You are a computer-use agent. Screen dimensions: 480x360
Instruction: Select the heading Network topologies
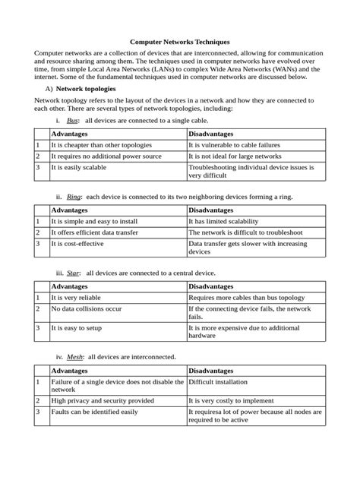pos(97,88)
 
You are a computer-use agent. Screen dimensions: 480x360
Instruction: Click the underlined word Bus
pos(73,121)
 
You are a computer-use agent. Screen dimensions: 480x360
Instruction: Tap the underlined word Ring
pos(74,196)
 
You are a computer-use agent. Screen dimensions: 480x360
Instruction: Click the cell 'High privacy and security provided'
pos(102,400)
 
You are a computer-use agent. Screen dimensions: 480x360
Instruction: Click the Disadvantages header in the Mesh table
pos(216,370)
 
